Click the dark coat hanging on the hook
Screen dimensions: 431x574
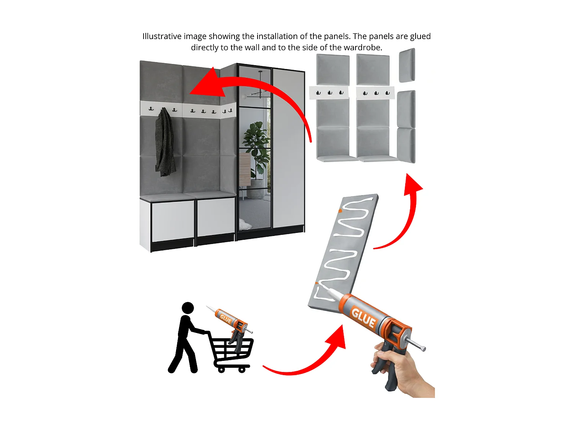tap(165, 144)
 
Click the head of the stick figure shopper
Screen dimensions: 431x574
tap(188, 308)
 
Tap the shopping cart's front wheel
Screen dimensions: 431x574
tap(242, 370)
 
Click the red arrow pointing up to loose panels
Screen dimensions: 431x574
tap(406, 222)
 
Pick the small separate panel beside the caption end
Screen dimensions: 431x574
tap(407, 65)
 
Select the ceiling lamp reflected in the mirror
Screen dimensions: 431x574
tap(260, 92)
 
